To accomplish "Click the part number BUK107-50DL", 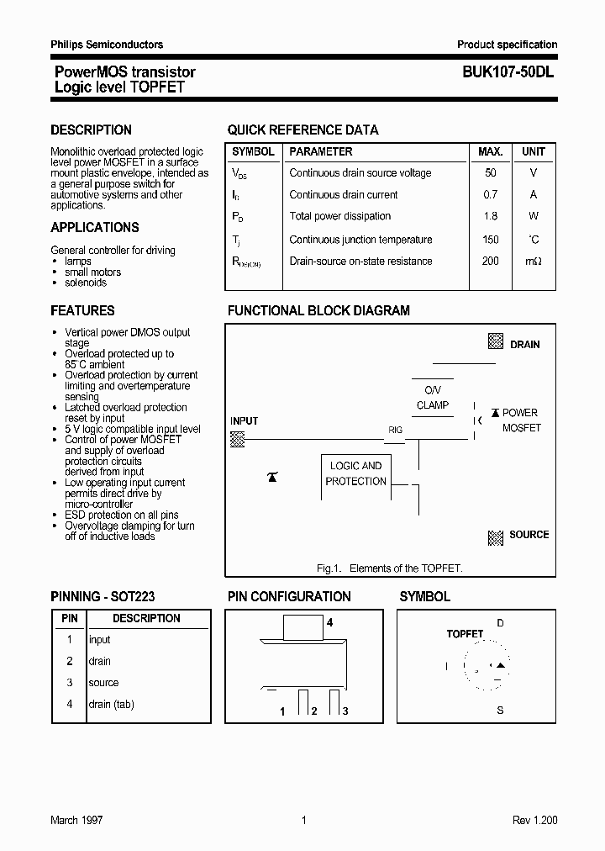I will click(x=508, y=72).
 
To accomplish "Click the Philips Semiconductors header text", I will click(x=107, y=45).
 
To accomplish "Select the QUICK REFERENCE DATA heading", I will click(x=302, y=130).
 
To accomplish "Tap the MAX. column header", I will click(x=490, y=152).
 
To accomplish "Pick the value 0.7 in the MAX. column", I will click(x=490, y=194).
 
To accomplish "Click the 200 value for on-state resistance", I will click(x=490, y=261).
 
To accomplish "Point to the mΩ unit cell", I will click(x=534, y=261).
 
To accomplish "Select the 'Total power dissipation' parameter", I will click(x=339, y=216).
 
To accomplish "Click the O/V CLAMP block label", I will click(x=433, y=398).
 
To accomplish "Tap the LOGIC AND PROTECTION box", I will click(x=356, y=473).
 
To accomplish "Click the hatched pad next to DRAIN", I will click(x=496, y=342).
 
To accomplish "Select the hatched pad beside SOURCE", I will click(x=496, y=536).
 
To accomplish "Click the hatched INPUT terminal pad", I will click(x=238, y=438).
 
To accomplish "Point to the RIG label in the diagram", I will click(x=395, y=430).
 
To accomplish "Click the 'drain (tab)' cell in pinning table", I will click(x=111, y=704).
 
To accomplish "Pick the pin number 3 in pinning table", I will click(x=70, y=683).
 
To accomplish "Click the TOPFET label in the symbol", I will click(x=465, y=634).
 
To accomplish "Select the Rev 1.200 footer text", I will click(x=534, y=820).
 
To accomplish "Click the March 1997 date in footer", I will click(x=76, y=820).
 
